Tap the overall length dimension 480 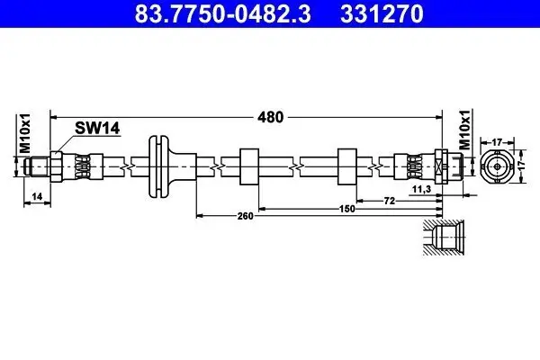click(x=271, y=116)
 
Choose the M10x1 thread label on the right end click(x=465, y=130)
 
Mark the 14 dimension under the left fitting click(x=35, y=194)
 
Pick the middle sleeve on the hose click(x=249, y=166)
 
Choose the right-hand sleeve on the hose click(x=346, y=166)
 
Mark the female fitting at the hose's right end click(x=447, y=166)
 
